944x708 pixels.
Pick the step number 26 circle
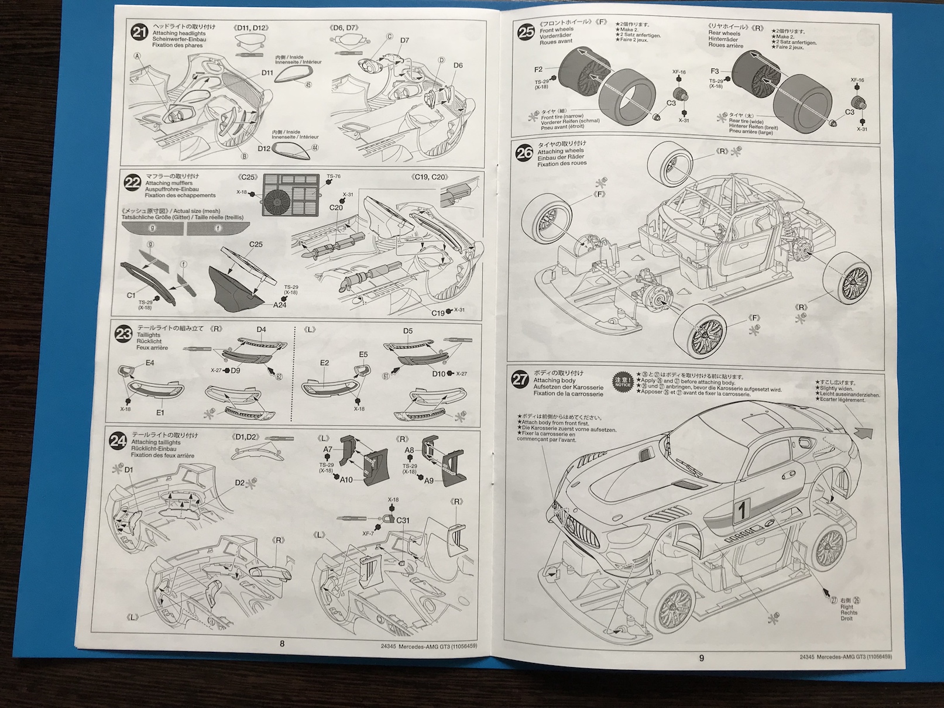pos(523,153)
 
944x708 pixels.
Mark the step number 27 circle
pos(519,379)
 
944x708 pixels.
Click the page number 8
pos(282,644)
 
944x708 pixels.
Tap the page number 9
pos(701,657)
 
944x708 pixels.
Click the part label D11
pos(267,73)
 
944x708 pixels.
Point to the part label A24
pos(280,305)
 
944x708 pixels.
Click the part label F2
pos(539,69)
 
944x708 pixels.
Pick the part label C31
pos(403,520)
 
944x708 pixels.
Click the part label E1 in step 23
pos(160,412)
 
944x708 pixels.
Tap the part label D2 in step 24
pos(240,483)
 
